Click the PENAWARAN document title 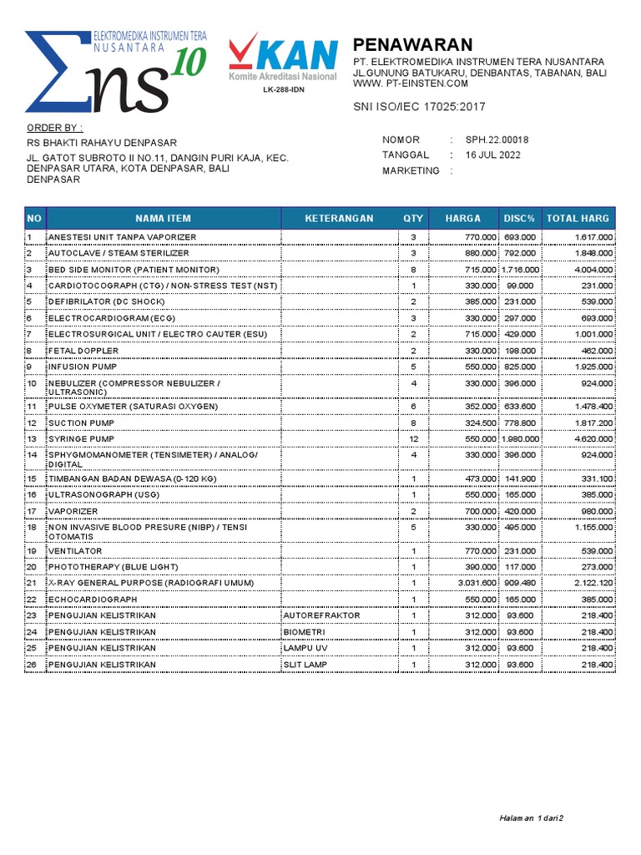click(x=412, y=45)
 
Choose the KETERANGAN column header click(x=339, y=218)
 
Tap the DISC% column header click(x=519, y=218)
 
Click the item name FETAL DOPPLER click(x=83, y=351)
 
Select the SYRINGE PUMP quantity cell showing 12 click(x=413, y=439)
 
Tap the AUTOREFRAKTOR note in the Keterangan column click(x=321, y=615)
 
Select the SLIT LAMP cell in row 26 click(x=305, y=665)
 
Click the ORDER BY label click(x=55, y=128)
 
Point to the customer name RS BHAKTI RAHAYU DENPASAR click(x=102, y=143)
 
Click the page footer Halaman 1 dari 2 click(x=532, y=817)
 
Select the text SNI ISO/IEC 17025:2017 click(x=419, y=107)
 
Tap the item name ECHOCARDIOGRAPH click(x=92, y=599)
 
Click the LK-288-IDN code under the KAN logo click(x=284, y=90)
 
